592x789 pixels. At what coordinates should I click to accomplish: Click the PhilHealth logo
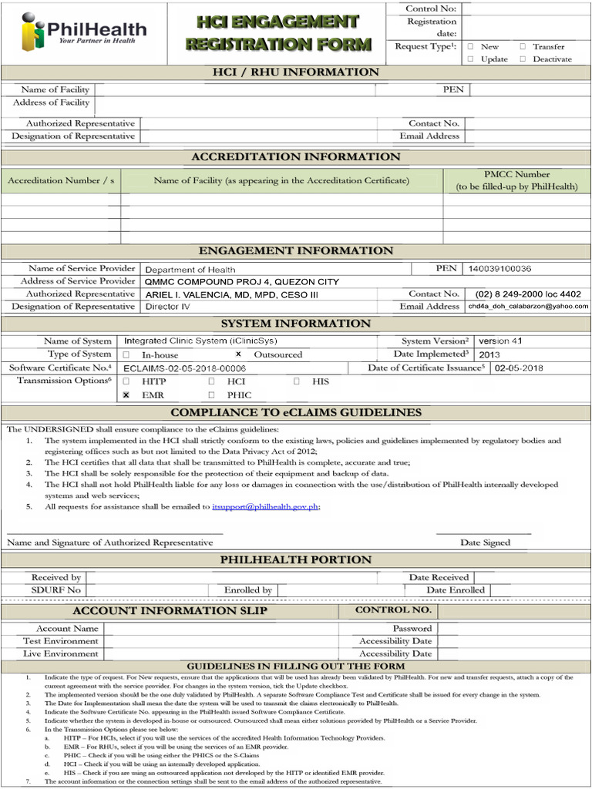[83, 32]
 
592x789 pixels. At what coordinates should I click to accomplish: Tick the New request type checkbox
[470, 47]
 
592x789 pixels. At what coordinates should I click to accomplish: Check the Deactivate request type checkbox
[523, 59]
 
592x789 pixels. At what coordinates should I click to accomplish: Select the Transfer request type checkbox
[523, 47]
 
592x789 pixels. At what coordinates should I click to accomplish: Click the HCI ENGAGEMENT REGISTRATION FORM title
[277, 32]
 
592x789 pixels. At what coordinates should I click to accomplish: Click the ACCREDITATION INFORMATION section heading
[296, 157]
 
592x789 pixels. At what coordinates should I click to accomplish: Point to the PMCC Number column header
[516, 180]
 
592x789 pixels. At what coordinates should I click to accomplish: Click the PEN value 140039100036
[499, 269]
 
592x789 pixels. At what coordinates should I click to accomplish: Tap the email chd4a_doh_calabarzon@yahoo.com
[528, 307]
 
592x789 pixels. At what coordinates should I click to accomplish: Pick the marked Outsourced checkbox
[238, 354]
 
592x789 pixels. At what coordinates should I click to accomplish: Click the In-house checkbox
[126, 354]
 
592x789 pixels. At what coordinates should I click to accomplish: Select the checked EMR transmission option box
[126, 394]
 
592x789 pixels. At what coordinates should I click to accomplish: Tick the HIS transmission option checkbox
[296, 381]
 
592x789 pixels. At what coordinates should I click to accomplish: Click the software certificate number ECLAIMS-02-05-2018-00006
[184, 368]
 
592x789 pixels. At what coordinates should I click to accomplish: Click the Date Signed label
[485, 542]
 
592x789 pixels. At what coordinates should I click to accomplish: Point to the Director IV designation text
[167, 307]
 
